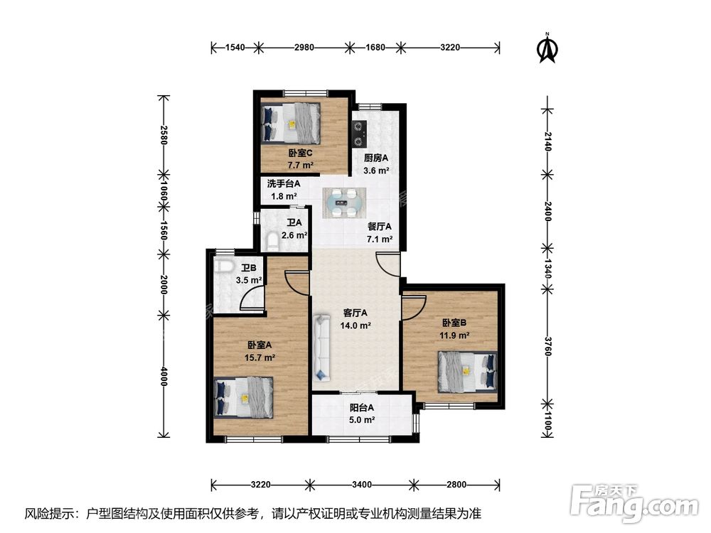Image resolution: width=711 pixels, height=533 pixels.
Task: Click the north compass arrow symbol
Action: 547,47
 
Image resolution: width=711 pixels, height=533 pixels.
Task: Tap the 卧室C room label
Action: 301,154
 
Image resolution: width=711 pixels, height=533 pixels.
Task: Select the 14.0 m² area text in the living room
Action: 355,325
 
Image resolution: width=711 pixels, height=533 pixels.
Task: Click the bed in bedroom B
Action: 467,372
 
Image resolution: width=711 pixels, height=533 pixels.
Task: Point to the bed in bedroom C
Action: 291,123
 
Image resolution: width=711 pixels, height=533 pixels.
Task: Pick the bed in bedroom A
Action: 243,397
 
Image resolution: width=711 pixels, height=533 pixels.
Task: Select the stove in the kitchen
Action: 360,134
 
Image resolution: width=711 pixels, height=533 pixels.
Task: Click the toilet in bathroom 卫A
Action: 273,241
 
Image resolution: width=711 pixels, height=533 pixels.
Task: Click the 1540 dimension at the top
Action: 235,47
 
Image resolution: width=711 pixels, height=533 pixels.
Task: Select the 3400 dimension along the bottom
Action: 361,485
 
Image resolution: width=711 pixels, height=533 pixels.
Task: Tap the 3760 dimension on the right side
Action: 547,346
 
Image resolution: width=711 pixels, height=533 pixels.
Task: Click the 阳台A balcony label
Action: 362,408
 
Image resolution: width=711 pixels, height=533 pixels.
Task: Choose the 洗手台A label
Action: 284,184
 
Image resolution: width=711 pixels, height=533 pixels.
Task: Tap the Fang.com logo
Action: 634,502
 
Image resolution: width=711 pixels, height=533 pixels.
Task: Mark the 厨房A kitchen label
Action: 376,158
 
